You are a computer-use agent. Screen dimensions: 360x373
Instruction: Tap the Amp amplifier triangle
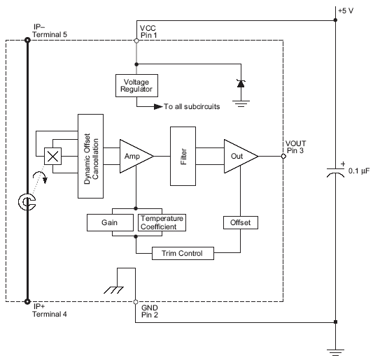tap(132, 155)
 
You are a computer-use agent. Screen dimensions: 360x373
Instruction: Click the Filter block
tap(183, 156)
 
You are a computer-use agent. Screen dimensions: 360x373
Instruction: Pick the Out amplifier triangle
tap(239, 156)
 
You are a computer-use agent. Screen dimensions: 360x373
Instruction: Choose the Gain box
tap(110, 222)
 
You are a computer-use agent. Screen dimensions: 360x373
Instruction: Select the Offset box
tap(240, 222)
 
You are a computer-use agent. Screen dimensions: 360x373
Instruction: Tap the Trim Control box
tap(182, 252)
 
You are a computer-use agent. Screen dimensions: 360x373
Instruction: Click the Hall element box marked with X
tap(51, 156)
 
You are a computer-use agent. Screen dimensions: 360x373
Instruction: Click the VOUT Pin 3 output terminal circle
tap(283, 156)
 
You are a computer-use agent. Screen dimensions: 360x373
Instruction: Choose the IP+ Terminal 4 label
tap(50, 310)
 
